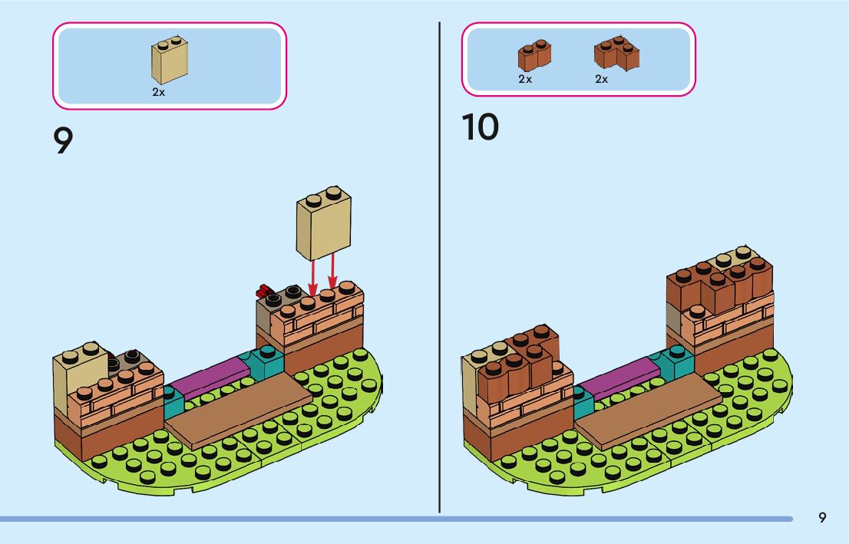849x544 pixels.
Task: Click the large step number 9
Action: click(x=63, y=140)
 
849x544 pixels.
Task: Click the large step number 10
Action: click(x=481, y=127)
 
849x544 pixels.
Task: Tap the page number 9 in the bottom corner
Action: click(x=822, y=517)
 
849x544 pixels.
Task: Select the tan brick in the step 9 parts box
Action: click(x=170, y=60)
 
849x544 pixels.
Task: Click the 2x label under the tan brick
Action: click(x=158, y=92)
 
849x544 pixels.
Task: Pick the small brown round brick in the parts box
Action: click(x=534, y=54)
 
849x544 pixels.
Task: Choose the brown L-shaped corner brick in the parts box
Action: click(x=616, y=54)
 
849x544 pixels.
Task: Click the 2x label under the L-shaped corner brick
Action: click(x=602, y=79)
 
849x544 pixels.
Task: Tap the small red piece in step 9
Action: click(x=264, y=292)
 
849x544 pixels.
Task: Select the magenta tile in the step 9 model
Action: click(x=210, y=376)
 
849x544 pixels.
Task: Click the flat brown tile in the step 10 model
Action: click(x=649, y=410)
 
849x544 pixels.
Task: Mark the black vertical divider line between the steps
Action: click(x=439, y=267)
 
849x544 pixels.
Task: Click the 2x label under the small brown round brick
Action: click(x=525, y=79)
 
